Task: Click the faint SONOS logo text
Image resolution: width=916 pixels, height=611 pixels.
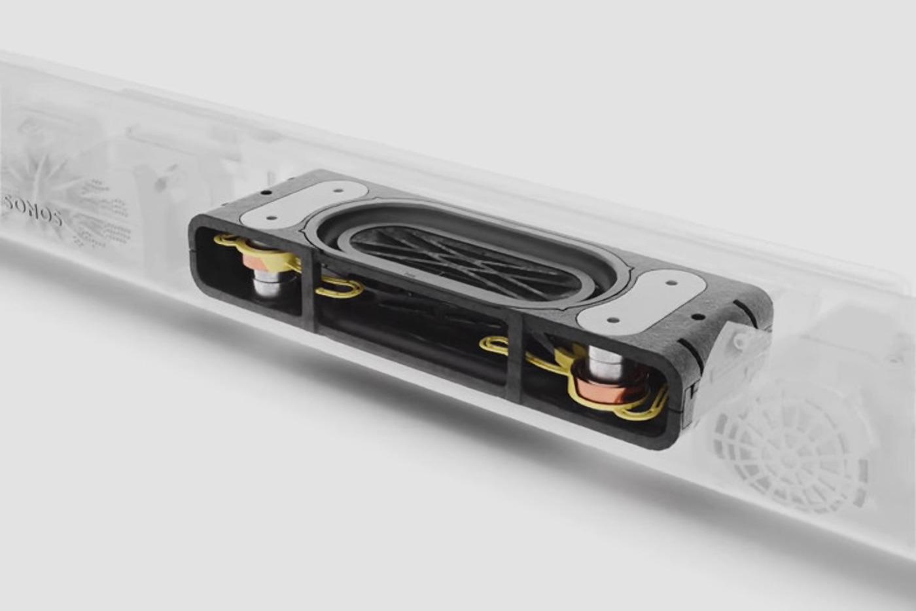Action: (33, 211)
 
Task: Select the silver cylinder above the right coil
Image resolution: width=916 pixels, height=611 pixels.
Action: (605, 362)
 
